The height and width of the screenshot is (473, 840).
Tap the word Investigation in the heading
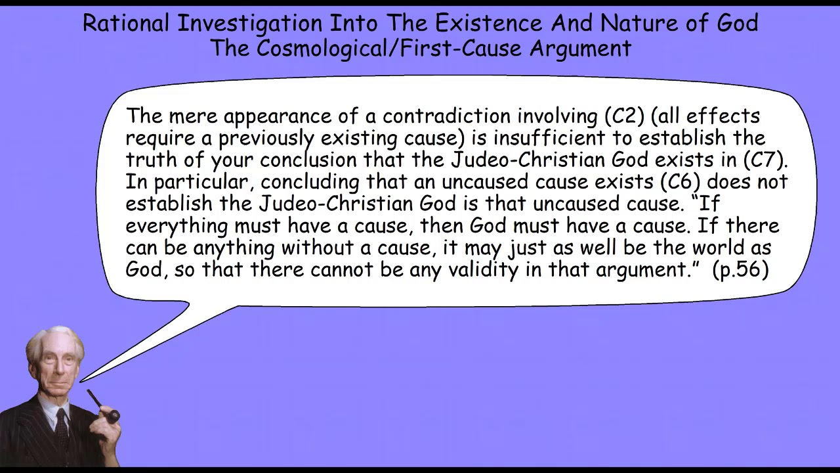point(250,24)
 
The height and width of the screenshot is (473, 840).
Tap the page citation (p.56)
point(740,269)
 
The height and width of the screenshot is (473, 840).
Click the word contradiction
point(447,116)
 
